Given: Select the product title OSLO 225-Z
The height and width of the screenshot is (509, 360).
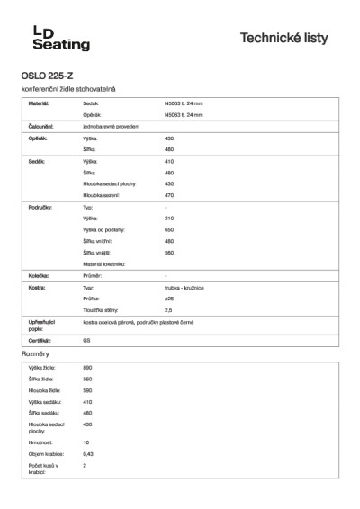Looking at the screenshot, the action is [x=47, y=76].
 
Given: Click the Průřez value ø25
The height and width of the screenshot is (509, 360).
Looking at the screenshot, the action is [x=169, y=297].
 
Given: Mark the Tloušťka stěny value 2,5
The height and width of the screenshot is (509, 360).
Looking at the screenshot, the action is [x=168, y=308].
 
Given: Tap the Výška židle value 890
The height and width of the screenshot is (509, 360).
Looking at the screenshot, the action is [x=87, y=369].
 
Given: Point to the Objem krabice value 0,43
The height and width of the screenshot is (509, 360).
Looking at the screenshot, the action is [x=88, y=454].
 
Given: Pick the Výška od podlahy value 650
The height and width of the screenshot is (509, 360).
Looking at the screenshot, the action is [x=169, y=229].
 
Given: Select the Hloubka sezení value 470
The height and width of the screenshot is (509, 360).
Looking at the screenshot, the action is [x=169, y=194].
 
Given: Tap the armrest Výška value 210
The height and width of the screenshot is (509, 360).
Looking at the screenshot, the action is [x=169, y=219].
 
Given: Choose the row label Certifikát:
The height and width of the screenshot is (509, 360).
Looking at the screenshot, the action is [x=40, y=342].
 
